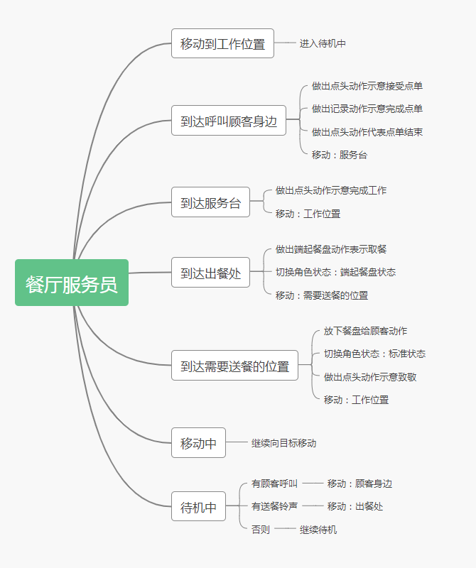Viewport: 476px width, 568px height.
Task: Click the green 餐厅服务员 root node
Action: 72,283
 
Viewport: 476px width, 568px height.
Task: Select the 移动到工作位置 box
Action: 222,43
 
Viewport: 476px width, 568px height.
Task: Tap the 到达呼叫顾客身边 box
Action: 228,120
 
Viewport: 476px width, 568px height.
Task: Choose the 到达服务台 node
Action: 210,202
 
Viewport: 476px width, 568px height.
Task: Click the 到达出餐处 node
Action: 210,273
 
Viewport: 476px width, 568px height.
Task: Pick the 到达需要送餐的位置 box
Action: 234,366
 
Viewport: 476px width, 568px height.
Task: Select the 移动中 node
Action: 198,443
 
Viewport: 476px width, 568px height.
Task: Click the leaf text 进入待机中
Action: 323,43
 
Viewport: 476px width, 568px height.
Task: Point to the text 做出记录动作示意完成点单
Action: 367,109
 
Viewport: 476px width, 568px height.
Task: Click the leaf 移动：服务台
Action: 339,154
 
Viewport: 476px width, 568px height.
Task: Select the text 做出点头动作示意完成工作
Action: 331,190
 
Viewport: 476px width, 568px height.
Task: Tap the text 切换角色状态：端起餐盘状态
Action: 335,272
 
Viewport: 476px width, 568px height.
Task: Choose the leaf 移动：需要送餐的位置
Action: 322,295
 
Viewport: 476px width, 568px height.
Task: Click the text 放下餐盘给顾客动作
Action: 365,331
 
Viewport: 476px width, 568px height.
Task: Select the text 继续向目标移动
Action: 283,443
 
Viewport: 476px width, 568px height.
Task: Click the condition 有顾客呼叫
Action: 274,484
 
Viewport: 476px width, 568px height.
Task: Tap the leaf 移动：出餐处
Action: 355,506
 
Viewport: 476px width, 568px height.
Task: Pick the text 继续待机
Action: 318,530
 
